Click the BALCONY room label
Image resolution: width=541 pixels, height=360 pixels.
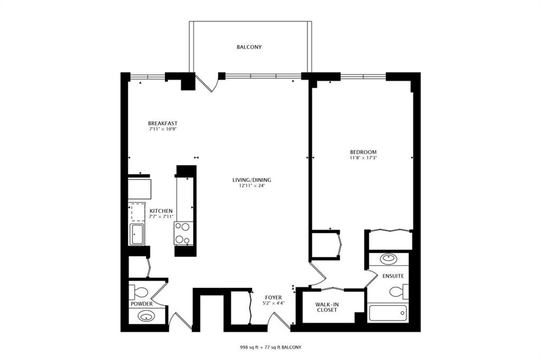pyautogui.click(x=249, y=47)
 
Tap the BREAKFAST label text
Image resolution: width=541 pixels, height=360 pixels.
pyautogui.click(x=163, y=123)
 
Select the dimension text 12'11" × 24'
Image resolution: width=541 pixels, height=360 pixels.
pyautogui.click(x=251, y=186)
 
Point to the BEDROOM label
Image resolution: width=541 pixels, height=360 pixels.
pyautogui.click(x=363, y=152)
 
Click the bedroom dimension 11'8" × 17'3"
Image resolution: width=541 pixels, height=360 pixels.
pyautogui.click(x=363, y=158)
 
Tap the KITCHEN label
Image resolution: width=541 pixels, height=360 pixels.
pyautogui.click(x=161, y=211)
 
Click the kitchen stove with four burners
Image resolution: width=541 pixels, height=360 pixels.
pyautogui.click(x=183, y=233)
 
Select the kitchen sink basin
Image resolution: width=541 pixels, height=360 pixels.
pyautogui.click(x=137, y=234)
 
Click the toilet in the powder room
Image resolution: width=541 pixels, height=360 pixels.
pyautogui.click(x=138, y=292)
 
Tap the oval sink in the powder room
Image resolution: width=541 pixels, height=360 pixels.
pyautogui.click(x=146, y=316)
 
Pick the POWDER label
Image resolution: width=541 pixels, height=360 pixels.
pyautogui.click(x=142, y=304)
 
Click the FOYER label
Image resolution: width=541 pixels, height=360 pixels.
pyautogui.click(x=273, y=298)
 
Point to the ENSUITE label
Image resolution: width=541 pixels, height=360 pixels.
pyautogui.click(x=393, y=276)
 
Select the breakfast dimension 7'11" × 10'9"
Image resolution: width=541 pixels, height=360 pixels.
pyautogui.click(x=163, y=130)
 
